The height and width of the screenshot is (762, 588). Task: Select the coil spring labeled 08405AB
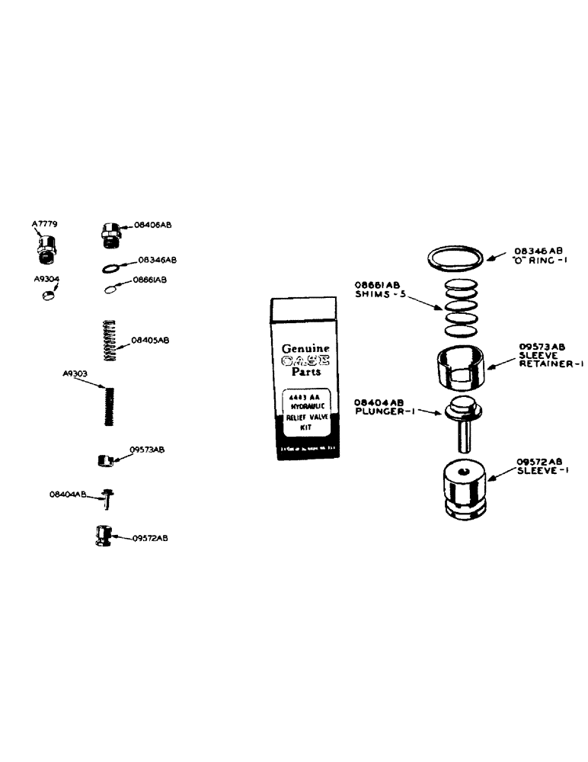point(111,341)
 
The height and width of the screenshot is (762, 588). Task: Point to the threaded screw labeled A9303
point(110,406)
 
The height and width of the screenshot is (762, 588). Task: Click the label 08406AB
point(152,226)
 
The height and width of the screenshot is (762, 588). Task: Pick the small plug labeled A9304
point(47,296)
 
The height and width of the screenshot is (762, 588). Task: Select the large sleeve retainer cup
point(462,367)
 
